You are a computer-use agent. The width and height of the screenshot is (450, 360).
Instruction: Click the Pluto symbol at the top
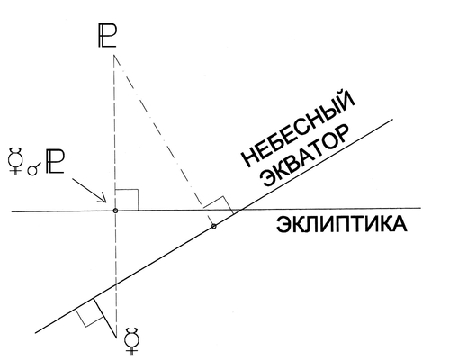[x=107, y=36]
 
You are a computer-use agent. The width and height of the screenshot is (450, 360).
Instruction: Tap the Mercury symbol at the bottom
[x=132, y=341]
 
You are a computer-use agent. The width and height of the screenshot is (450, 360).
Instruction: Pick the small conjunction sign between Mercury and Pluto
[x=33, y=169]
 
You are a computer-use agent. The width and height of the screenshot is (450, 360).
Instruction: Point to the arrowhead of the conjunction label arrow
[x=103, y=199]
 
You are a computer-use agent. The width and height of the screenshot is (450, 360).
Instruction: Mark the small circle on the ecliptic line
[x=115, y=211]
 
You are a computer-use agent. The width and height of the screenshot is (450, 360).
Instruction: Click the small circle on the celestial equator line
[x=213, y=226]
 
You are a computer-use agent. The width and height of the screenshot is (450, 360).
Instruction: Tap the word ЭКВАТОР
[x=305, y=156]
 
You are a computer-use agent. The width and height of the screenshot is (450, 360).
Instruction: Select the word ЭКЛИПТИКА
[x=341, y=224]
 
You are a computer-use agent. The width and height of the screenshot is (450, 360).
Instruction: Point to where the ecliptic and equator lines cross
[x=240, y=210]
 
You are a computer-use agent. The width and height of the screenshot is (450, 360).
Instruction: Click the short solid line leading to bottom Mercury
[x=105, y=318]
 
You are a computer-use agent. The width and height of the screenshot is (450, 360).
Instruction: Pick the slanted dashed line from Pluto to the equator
[x=164, y=139]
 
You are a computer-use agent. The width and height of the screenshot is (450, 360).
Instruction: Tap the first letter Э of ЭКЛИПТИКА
[x=283, y=224]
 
